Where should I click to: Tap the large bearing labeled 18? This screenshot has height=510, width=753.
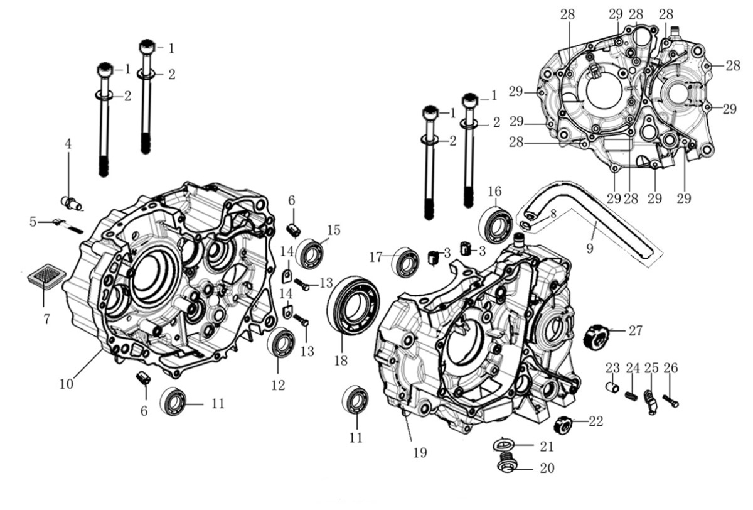point(352,305)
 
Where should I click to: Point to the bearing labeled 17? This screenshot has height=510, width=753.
point(406,262)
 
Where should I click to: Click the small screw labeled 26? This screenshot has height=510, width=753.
point(671,399)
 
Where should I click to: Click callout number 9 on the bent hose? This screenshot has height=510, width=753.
point(589,248)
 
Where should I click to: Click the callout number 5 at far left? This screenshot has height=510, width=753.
point(33,222)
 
